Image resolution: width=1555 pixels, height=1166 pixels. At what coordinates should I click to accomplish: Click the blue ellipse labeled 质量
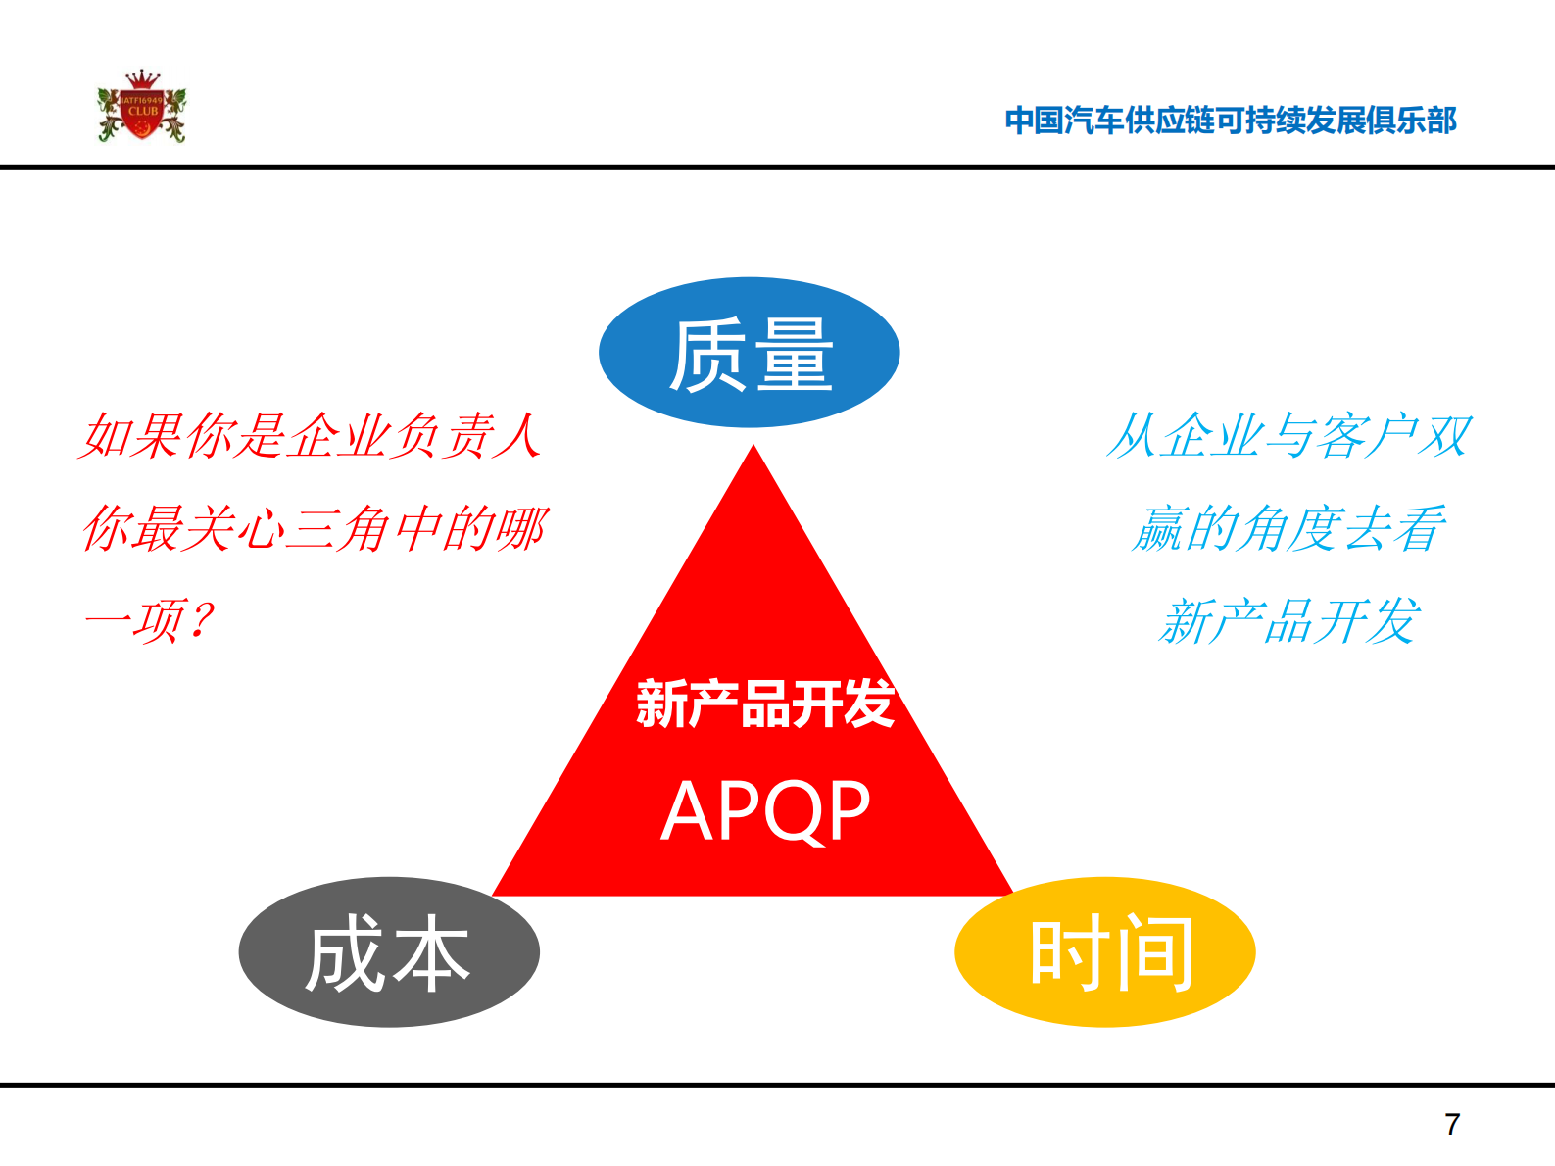[749, 353]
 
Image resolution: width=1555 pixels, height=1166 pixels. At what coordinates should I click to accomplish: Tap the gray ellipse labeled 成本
[388, 952]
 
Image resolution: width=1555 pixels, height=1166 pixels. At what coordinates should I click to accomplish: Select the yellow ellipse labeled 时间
[1104, 952]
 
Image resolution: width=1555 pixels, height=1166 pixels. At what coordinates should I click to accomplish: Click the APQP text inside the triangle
[765, 811]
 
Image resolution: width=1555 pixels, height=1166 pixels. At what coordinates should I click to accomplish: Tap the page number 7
[1452, 1124]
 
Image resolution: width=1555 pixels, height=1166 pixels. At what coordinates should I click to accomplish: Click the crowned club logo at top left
[142, 108]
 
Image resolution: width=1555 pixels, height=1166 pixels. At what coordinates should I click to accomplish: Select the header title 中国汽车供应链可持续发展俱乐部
[1231, 121]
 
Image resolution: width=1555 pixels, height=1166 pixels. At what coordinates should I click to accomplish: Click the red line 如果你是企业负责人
[312, 436]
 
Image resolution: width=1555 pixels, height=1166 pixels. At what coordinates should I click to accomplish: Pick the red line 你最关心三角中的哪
[315, 529]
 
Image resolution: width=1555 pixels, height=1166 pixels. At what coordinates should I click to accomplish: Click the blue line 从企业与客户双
[1289, 436]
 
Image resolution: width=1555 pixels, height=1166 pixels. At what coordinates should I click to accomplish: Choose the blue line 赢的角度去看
[1289, 529]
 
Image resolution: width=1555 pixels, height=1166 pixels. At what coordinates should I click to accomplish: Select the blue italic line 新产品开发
[1289, 621]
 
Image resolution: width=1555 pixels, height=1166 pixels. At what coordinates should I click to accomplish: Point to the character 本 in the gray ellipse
[429, 954]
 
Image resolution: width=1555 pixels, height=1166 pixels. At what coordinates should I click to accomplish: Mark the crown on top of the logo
[143, 78]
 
